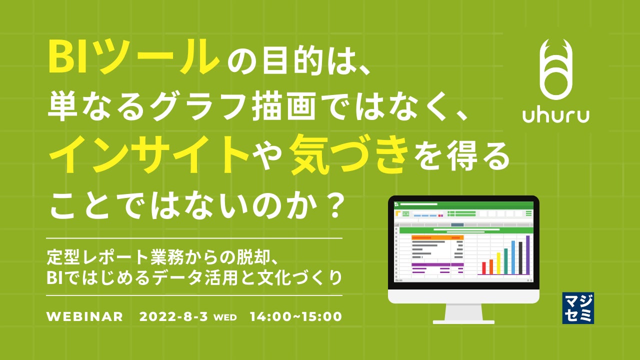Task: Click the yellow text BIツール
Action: pyautogui.click(x=133, y=56)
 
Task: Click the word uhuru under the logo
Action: pyautogui.click(x=556, y=115)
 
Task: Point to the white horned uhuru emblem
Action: pyautogui.click(x=556, y=69)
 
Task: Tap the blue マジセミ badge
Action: pyautogui.click(x=578, y=308)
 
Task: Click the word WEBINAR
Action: pyautogui.click(x=85, y=316)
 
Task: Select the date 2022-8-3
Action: pyautogui.click(x=173, y=316)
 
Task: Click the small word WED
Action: pyautogui.click(x=225, y=317)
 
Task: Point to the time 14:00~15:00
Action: pyautogui.click(x=296, y=316)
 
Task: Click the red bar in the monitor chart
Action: pyautogui.click(x=484, y=268)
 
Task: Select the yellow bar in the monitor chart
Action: pyautogui.click(x=498, y=263)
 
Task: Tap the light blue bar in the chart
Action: pyautogui.click(x=513, y=257)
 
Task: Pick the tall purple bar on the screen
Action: pyautogui.click(x=527, y=255)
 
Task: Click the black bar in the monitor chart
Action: pyautogui.click(x=520, y=258)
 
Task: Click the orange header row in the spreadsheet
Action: pyautogui.click(x=437, y=237)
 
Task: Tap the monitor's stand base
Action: pyautogui.click(x=463, y=322)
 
